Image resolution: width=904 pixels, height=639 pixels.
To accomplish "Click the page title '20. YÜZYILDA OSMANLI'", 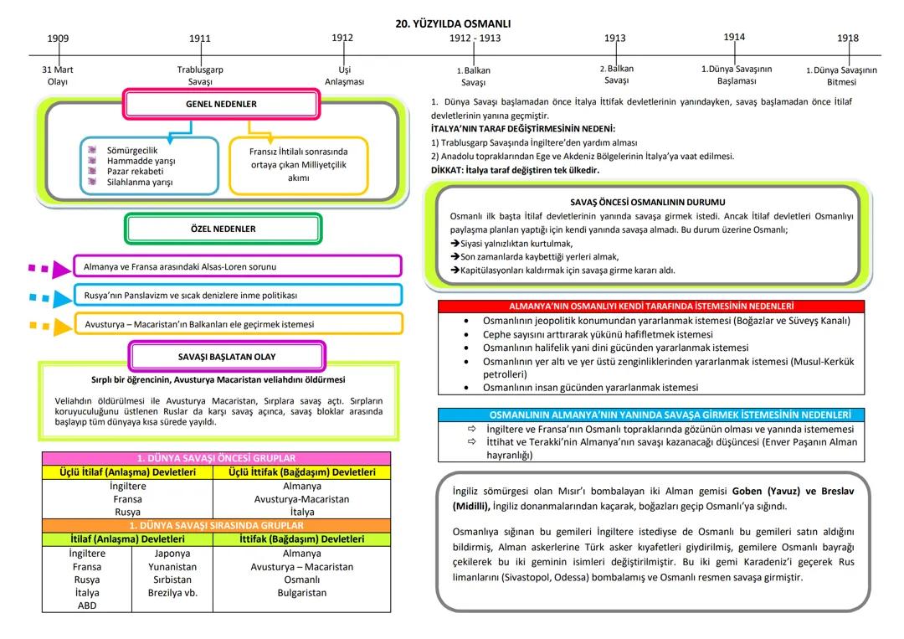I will (453, 23).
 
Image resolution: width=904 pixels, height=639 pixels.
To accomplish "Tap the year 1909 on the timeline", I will (58, 39).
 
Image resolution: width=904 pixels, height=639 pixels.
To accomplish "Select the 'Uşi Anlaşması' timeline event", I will (344, 75).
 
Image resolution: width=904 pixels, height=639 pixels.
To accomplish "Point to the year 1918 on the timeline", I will (847, 39).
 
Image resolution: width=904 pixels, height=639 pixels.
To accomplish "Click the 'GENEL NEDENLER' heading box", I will (221, 105).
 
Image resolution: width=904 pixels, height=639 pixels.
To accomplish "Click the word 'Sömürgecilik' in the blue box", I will (132, 151).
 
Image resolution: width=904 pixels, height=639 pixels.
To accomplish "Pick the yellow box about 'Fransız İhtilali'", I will (298, 165).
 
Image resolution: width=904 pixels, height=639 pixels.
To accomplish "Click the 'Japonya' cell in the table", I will (172, 554).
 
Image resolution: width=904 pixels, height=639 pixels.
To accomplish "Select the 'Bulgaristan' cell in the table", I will (302, 593).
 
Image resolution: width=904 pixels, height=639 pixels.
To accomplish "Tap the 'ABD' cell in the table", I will (87, 606).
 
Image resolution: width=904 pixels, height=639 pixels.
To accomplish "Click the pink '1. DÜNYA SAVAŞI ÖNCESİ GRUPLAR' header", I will (216, 458).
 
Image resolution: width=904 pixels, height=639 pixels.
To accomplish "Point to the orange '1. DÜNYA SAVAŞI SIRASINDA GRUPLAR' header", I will (216, 526).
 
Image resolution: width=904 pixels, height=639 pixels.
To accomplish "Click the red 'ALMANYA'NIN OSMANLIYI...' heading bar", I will (651, 307).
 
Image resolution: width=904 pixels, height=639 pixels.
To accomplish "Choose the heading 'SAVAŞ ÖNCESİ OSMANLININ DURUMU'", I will (647, 202).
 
